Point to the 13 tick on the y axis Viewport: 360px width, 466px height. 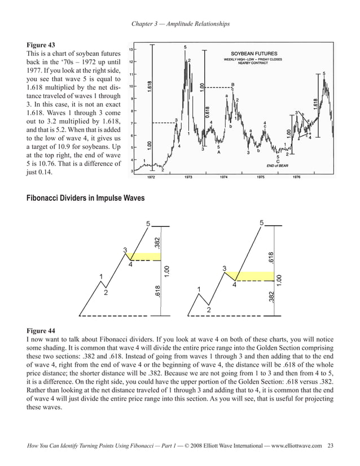coord(131,50)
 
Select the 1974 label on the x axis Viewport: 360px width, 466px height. coord(224,177)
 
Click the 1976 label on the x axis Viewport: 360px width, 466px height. coord(296,177)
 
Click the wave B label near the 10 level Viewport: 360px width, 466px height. coord(232,85)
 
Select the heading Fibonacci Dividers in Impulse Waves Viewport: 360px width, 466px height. coord(85,199)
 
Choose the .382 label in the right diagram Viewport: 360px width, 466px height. coord(271,297)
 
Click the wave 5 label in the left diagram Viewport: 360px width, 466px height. coord(148,224)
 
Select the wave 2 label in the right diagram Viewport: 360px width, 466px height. coord(208,310)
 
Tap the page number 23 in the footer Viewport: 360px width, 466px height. coord(330,446)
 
